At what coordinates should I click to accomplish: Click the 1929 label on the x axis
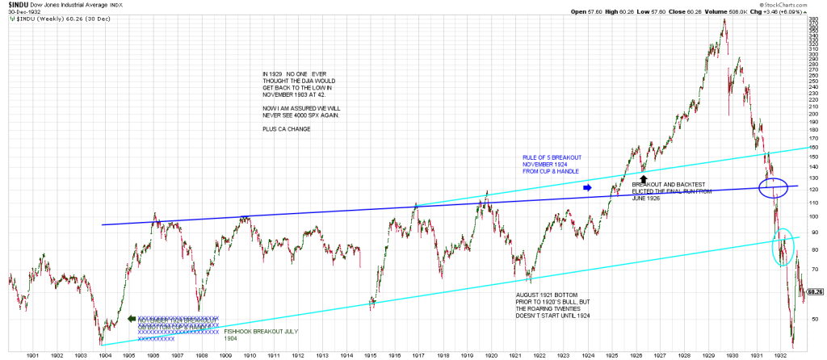pyautogui.click(x=707, y=354)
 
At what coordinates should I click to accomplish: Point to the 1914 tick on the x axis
pyautogui.click(x=346, y=354)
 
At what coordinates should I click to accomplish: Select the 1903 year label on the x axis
pyautogui.click(x=81, y=354)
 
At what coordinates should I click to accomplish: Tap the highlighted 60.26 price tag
pyautogui.click(x=814, y=291)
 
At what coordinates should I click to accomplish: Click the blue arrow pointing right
pyautogui.click(x=587, y=187)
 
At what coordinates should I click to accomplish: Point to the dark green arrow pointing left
pyautogui.click(x=132, y=318)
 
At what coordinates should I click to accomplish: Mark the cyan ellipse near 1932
pyautogui.click(x=782, y=247)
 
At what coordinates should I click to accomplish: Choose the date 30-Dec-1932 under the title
pyautogui.click(x=23, y=12)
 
